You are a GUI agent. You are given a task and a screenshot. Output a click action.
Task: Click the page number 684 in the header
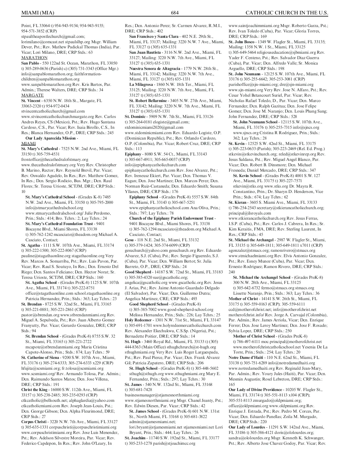[175, 13]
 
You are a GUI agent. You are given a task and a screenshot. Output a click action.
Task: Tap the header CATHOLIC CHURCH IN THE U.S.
[287, 13]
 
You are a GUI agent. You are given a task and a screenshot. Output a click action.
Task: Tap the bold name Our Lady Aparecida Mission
[51, 138]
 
